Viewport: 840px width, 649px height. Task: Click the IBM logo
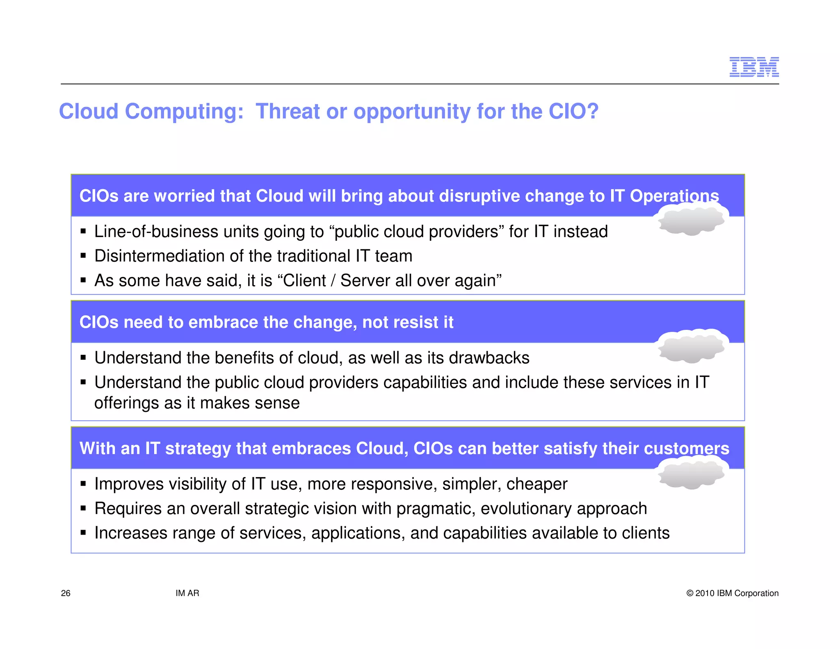click(753, 67)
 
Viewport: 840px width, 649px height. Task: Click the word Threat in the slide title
click(288, 111)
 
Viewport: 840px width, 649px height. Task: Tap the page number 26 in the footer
click(66, 593)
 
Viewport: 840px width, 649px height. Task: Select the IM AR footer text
click(187, 593)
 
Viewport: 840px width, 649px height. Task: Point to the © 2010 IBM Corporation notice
click(732, 593)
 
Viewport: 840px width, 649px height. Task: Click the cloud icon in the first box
click(692, 221)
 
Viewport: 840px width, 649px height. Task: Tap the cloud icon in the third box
click(692, 474)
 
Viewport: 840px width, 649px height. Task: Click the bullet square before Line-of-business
click(84, 231)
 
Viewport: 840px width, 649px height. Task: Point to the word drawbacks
click(489, 358)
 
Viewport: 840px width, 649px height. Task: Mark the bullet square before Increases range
click(84, 533)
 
